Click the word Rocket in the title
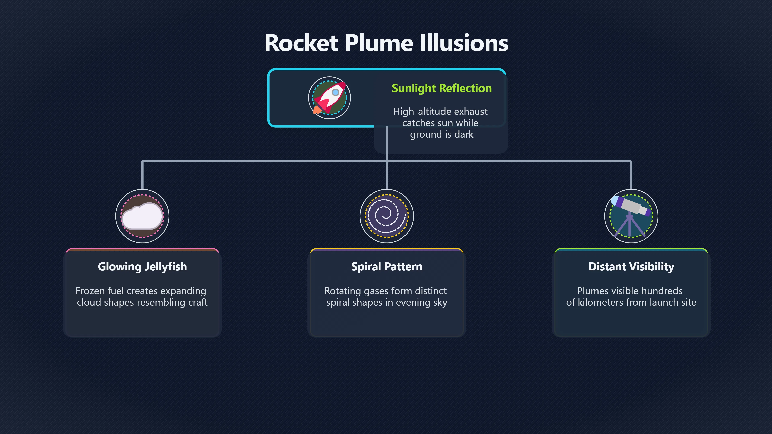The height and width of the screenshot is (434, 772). (301, 43)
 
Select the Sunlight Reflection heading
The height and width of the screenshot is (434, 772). (441, 88)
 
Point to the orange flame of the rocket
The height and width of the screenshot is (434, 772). (317, 110)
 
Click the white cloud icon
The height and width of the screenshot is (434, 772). (142, 216)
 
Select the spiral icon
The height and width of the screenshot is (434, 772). (387, 216)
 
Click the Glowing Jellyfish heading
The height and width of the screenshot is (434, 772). (142, 267)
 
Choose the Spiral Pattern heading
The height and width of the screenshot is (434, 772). (387, 267)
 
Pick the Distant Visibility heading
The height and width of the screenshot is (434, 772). (631, 267)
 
